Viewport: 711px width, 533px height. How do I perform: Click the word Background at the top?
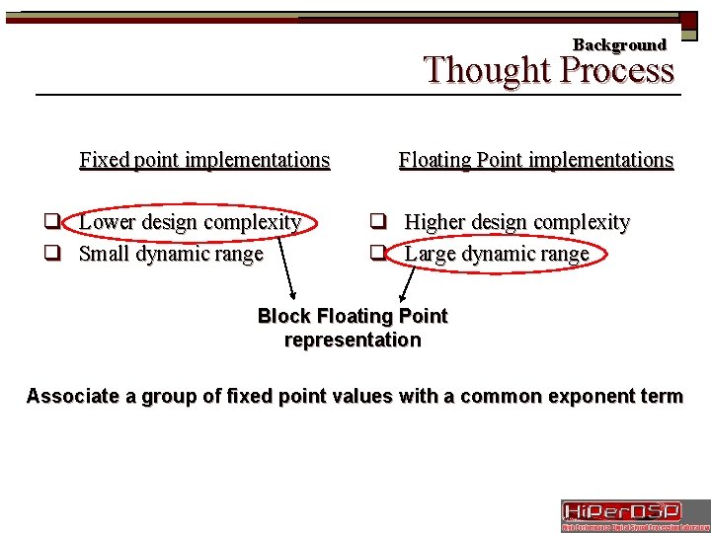point(619,44)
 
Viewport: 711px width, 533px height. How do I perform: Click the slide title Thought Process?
point(549,71)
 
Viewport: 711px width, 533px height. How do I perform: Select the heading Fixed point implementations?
point(204,160)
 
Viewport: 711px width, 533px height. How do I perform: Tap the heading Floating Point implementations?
point(536,160)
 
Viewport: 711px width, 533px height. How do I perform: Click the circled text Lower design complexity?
point(190,222)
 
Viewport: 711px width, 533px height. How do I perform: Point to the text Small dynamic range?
point(171,254)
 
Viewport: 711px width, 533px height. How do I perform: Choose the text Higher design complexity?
point(516,222)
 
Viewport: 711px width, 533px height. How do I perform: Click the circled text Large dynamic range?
point(497,254)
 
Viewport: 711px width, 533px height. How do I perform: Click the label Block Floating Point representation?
point(353,328)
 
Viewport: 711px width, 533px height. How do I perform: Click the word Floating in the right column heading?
point(434,160)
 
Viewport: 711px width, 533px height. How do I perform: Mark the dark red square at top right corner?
point(688,20)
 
